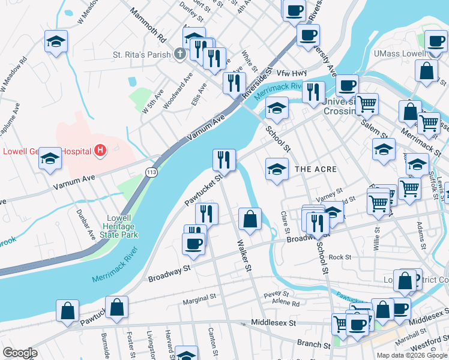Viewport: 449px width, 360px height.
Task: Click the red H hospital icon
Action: tap(100, 150)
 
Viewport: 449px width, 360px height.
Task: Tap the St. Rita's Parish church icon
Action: tap(179, 55)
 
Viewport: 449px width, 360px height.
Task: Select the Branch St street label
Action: tap(313, 346)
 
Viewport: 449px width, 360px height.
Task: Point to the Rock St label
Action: tap(340, 257)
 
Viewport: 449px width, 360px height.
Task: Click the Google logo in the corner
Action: tap(20, 353)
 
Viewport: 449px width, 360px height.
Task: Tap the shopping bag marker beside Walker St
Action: tap(250, 218)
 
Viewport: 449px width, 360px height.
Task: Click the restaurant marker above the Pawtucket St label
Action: tap(224, 160)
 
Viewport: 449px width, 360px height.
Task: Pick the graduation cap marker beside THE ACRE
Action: tap(276, 169)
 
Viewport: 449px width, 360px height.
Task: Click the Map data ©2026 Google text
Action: tap(411, 355)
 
